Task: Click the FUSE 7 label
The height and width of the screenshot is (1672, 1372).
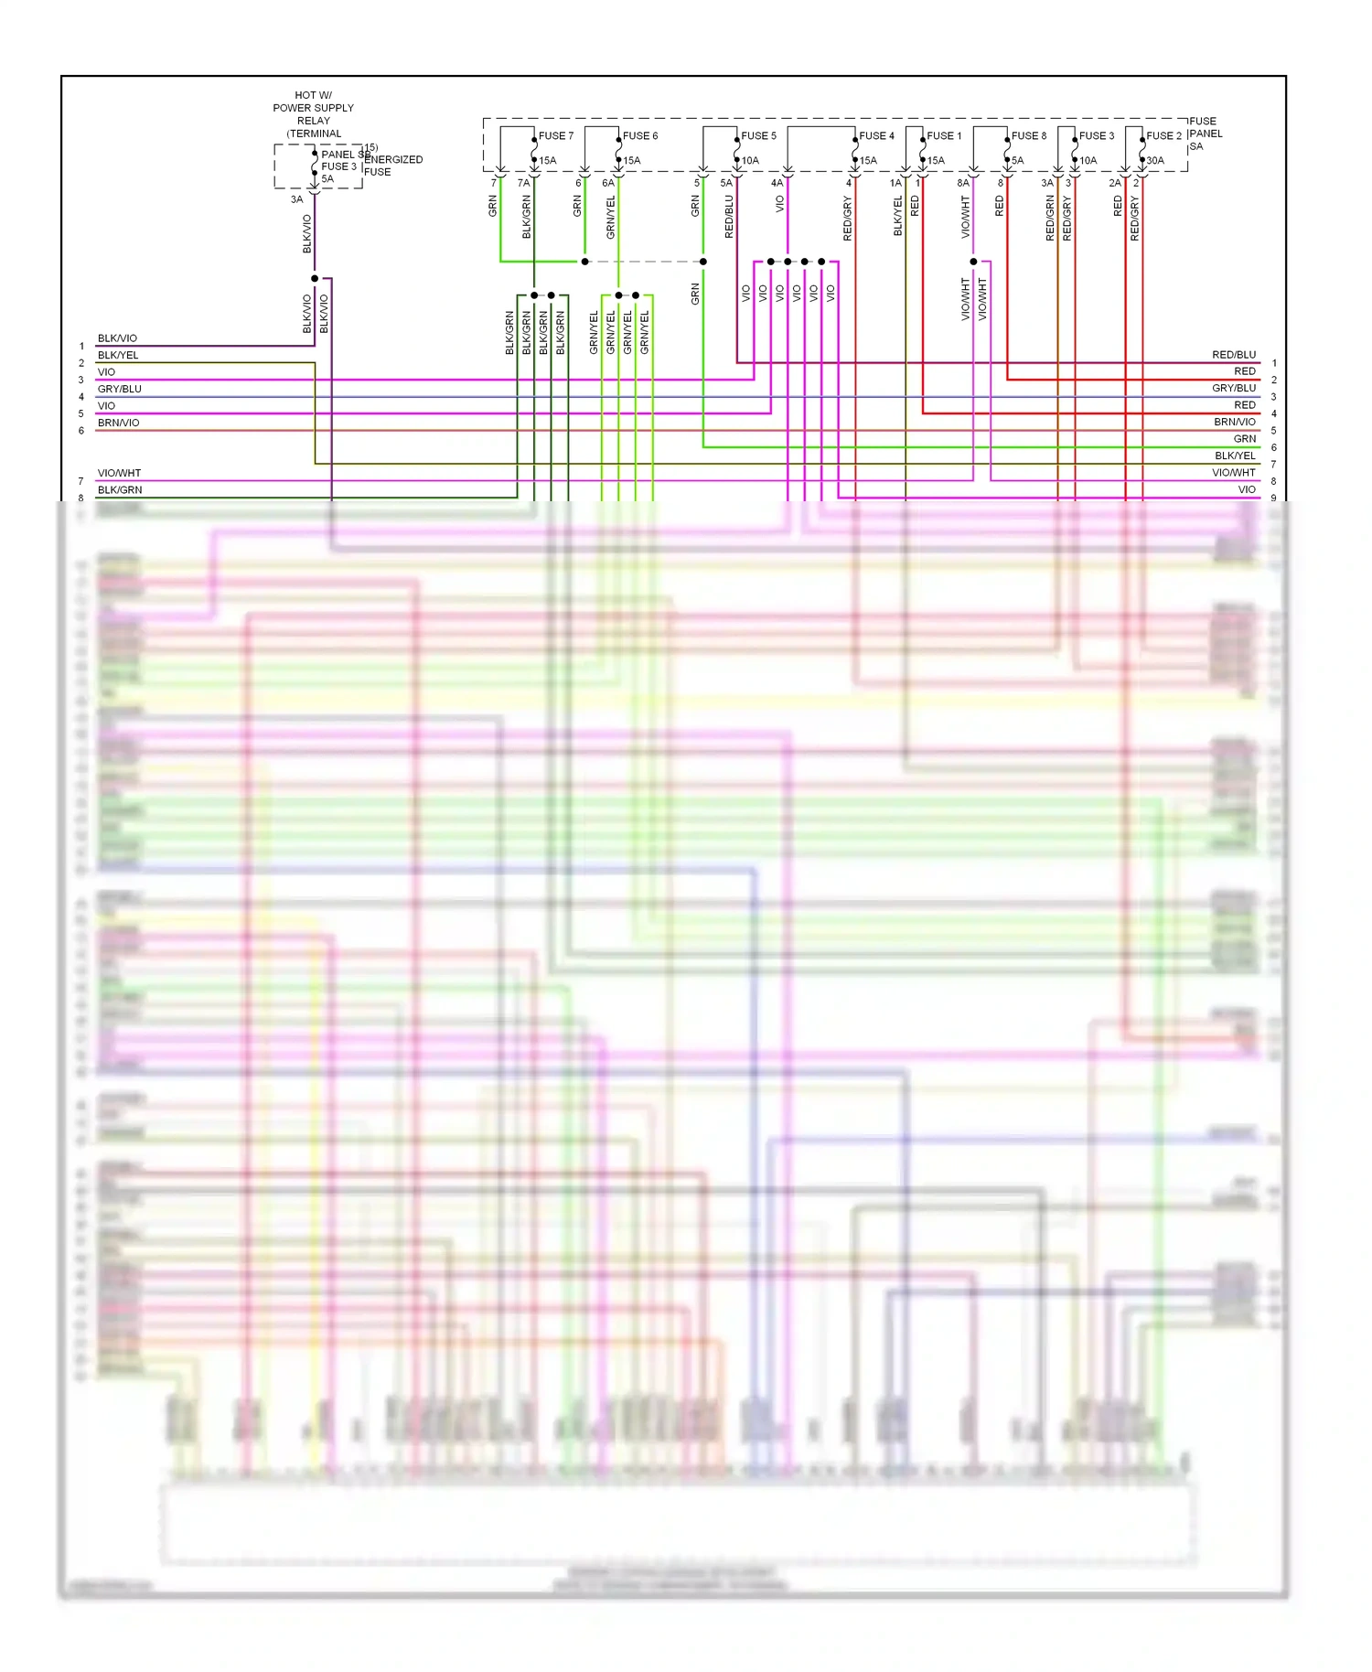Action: (x=555, y=136)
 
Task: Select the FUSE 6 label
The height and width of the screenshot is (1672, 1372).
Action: (x=639, y=136)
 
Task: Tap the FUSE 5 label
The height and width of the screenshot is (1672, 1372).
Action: (x=758, y=136)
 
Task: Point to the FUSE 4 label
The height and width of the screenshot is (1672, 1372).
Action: (x=876, y=136)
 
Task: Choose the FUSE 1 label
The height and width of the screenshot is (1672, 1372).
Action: (x=944, y=136)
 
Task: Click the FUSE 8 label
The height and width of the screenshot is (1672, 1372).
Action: (x=1028, y=136)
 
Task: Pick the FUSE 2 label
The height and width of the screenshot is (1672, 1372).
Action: (x=1163, y=136)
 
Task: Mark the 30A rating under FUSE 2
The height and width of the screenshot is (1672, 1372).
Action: (x=1155, y=161)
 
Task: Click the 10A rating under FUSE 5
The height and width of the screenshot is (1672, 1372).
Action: (x=750, y=161)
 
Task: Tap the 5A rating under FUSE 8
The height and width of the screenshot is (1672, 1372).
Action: (x=1017, y=161)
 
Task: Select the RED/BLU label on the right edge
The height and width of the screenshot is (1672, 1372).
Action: (x=1234, y=355)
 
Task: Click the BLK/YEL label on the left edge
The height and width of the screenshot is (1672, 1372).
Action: (x=118, y=355)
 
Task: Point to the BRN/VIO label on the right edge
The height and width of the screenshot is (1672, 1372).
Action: (x=1235, y=423)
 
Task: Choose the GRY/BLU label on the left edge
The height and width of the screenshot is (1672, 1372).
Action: (x=120, y=389)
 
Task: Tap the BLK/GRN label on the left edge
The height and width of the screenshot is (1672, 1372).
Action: (x=120, y=490)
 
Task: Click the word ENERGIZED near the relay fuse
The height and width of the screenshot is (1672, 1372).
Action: (x=394, y=160)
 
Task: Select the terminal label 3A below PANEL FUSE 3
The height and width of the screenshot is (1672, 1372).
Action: (x=296, y=199)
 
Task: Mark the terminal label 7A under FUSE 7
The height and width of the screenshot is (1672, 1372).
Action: (x=523, y=183)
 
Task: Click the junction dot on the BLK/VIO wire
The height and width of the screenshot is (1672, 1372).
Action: (x=315, y=278)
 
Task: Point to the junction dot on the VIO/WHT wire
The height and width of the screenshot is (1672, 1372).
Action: (x=973, y=262)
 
